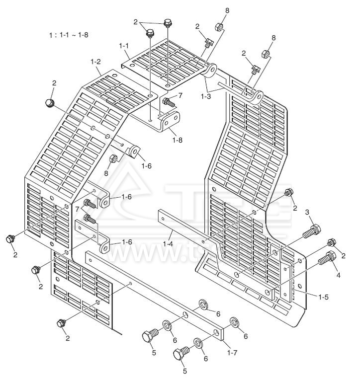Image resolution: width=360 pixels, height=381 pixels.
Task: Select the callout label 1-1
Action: pyautogui.click(x=124, y=46)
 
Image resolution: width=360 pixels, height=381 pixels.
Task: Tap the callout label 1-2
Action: pyautogui.click(x=96, y=62)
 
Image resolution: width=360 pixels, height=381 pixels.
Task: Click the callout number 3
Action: pyautogui.click(x=307, y=213)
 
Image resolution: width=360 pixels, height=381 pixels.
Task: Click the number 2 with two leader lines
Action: pyautogui.click(x=136, y=22)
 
